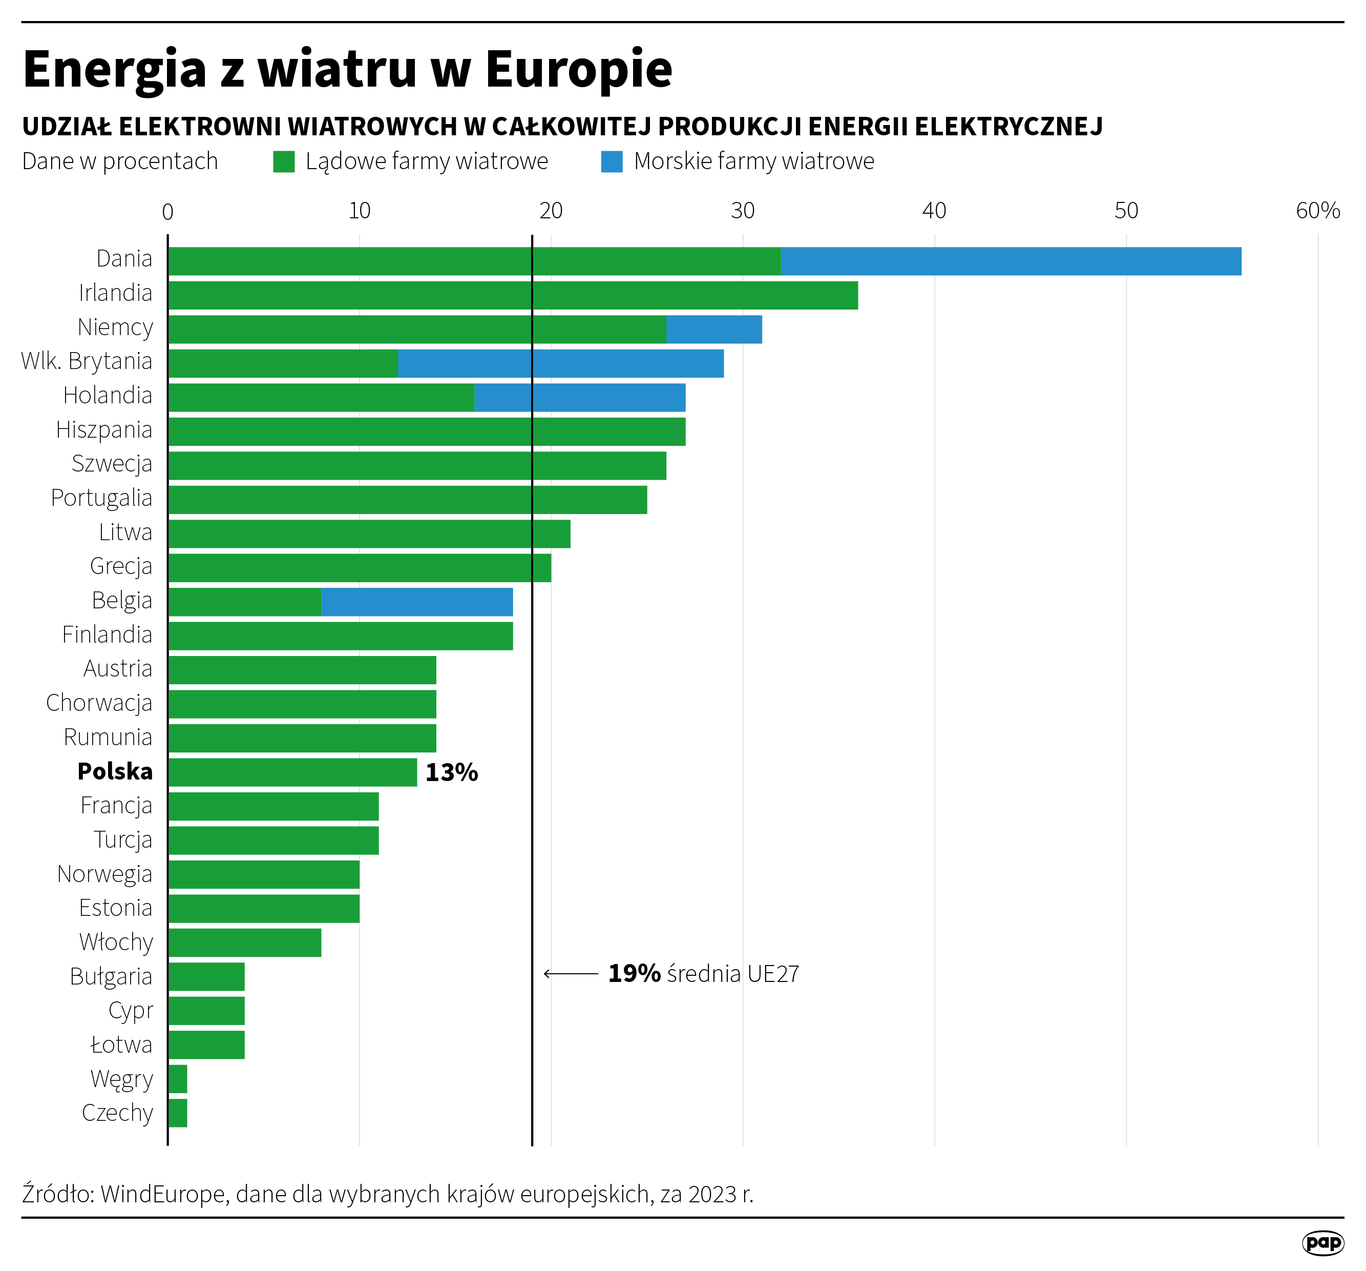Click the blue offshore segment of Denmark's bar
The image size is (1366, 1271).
1011,261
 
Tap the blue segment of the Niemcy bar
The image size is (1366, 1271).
714,329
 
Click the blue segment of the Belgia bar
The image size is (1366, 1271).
417,602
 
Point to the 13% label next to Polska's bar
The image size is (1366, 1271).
451,773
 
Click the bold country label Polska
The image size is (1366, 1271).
115,771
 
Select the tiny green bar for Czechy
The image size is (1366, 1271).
178,1113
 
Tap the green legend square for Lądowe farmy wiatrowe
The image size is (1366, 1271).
284,161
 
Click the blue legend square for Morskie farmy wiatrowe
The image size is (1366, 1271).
612,161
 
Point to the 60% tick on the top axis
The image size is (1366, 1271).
1317,210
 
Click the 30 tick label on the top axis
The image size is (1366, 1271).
742,210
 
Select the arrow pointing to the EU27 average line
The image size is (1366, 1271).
570,973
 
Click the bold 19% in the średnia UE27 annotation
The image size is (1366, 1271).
634,973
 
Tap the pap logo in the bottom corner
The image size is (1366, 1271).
1322,1242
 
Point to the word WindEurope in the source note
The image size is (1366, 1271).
163,1194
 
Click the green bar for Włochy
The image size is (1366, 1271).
245,942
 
